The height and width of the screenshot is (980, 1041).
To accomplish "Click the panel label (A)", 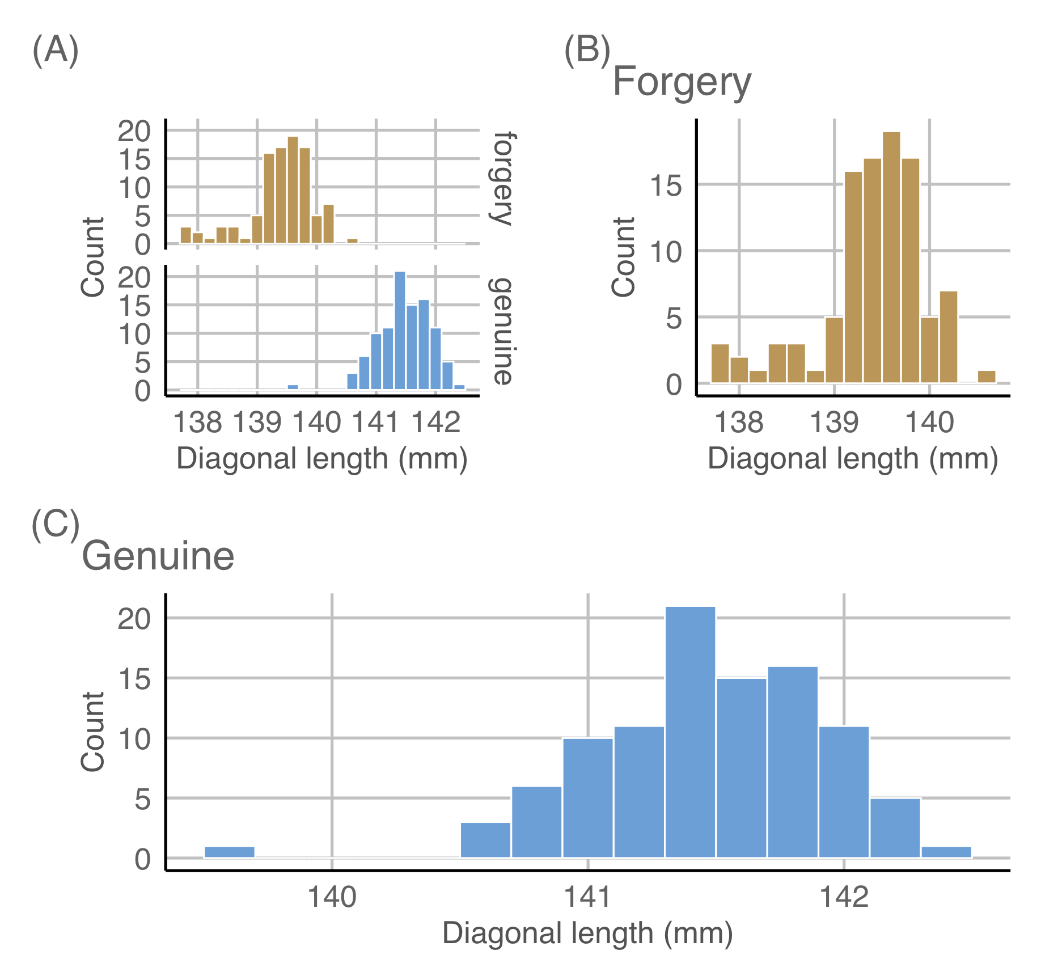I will coord(55,51).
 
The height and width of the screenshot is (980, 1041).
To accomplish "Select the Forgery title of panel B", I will coord(682,83).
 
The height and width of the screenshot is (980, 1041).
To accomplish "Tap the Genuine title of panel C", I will coord(158,556).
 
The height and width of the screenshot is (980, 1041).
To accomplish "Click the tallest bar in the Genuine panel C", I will coord(690,732).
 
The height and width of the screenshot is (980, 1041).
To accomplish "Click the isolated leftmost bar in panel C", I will coord(229,852).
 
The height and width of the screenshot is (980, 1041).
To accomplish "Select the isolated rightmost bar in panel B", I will coord(987,377).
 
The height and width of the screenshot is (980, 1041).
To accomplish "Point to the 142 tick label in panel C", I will coord(844,897).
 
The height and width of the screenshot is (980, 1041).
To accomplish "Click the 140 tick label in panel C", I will coord(332,897).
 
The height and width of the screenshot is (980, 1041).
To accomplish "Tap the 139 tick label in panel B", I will coord(834,423).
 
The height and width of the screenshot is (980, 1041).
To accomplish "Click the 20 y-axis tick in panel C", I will coord(134,619).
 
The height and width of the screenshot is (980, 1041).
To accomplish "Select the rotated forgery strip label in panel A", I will coord(502,179).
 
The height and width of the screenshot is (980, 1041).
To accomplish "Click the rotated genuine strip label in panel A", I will coord(502,331).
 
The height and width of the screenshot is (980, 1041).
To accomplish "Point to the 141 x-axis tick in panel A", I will coord(376,423).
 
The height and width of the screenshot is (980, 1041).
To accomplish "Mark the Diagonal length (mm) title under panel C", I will coord(587,933).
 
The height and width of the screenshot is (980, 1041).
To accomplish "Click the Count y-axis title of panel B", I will coord(623,256).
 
